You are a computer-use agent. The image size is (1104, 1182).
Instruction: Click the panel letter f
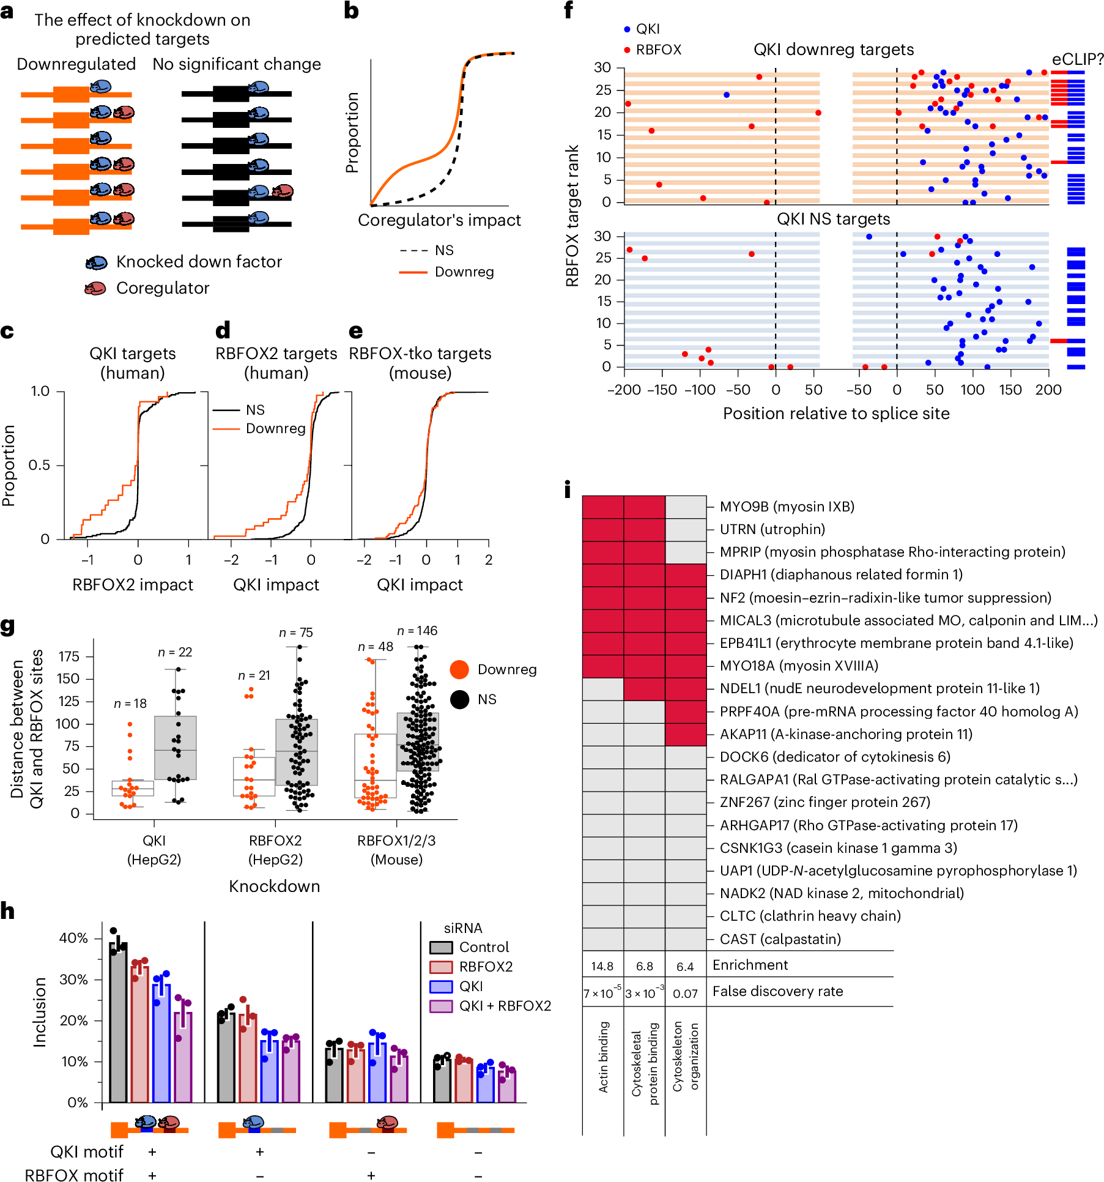point(568,10)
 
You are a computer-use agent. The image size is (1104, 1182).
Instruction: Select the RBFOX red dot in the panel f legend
point(627,50)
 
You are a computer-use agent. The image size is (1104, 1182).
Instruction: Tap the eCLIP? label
point(1077,59)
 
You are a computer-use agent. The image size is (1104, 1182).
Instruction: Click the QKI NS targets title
point(833,219)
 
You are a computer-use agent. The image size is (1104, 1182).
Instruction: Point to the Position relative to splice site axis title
point(835,414)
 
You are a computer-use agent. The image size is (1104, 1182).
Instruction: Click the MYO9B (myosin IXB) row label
point(787,507)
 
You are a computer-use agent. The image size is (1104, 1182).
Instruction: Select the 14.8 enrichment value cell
point(602,966)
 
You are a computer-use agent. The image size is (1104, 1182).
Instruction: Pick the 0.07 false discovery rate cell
point(685,994)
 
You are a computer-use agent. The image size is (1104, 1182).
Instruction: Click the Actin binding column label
point(603,1057)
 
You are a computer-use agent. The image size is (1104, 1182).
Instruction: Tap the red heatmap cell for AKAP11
point(685,734)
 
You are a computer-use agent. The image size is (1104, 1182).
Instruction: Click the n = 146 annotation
point(417,631)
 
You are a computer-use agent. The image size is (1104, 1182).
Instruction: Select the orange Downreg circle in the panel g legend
point(459,669)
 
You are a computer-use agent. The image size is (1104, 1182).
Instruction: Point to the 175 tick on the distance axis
point(69,656)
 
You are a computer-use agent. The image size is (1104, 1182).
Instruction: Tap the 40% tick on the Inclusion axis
point(73,938)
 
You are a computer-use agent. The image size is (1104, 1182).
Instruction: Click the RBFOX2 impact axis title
point(133,585)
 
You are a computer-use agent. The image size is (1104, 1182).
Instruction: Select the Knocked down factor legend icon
point(97,262)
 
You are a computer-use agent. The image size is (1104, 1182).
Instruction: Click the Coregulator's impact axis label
point(439,220)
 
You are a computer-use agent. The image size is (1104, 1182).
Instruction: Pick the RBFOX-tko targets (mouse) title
point(420,363)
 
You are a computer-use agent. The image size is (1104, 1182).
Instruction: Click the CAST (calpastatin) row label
point(780,939)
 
